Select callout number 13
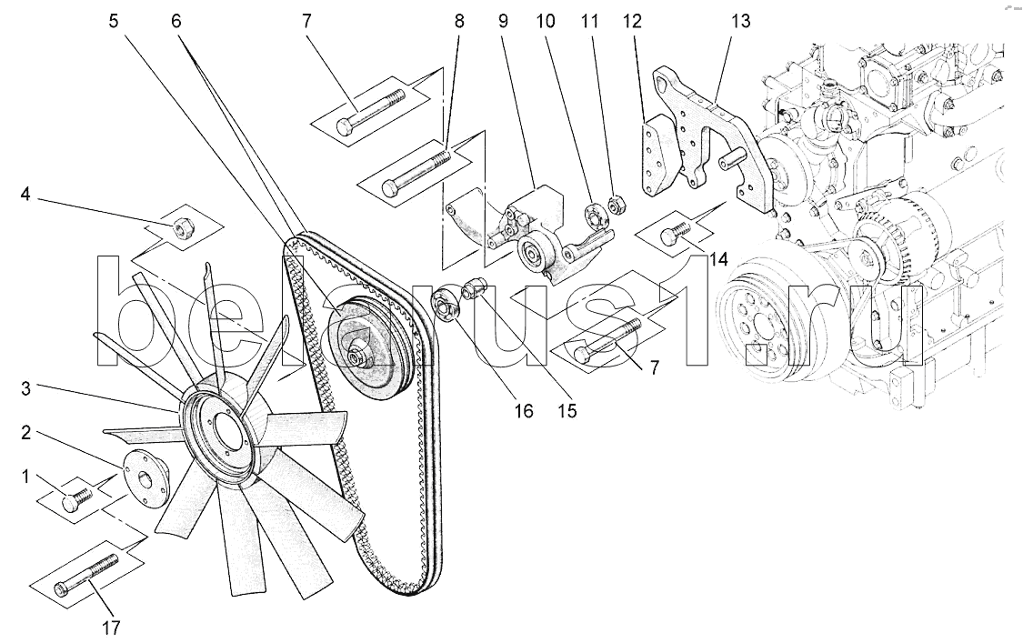pos(740,20)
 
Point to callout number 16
pos(524,411)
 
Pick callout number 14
pos(718,259)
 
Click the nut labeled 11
pos(615,206)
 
